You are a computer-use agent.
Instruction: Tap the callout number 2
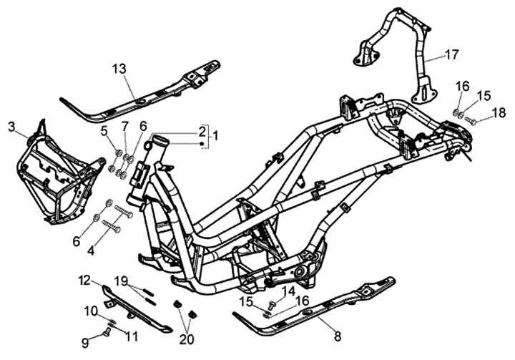(202, 132)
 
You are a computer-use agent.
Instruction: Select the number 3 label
(12, 127)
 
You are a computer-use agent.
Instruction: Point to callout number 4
(91, 251)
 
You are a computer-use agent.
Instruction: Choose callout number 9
(84, 343)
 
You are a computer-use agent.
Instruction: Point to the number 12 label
(84, 280)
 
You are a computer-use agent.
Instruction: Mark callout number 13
(119, 69)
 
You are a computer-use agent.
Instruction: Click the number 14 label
(288, 291)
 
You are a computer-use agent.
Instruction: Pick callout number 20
(186, 339)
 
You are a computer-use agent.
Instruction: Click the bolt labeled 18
(471, 121)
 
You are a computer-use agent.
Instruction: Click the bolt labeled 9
(107, 331)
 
